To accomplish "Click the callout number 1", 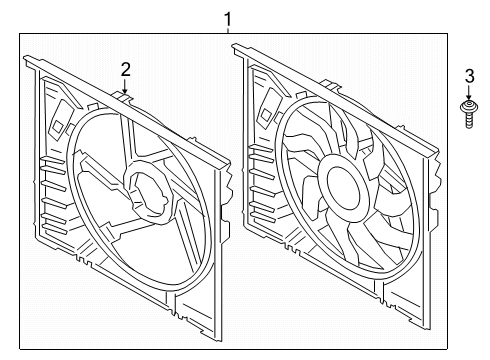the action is coord(228,19).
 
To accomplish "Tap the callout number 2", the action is coord(125,70).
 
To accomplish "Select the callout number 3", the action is coord(469,76).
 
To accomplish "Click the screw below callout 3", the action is coord(469,113).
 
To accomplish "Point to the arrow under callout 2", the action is coord(125,86).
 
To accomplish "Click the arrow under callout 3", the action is coord(469,92).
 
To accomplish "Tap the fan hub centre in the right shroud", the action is coord(344,187).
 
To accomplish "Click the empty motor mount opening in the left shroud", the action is coord(149,193).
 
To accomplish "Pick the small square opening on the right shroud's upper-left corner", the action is coord(267,114).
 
